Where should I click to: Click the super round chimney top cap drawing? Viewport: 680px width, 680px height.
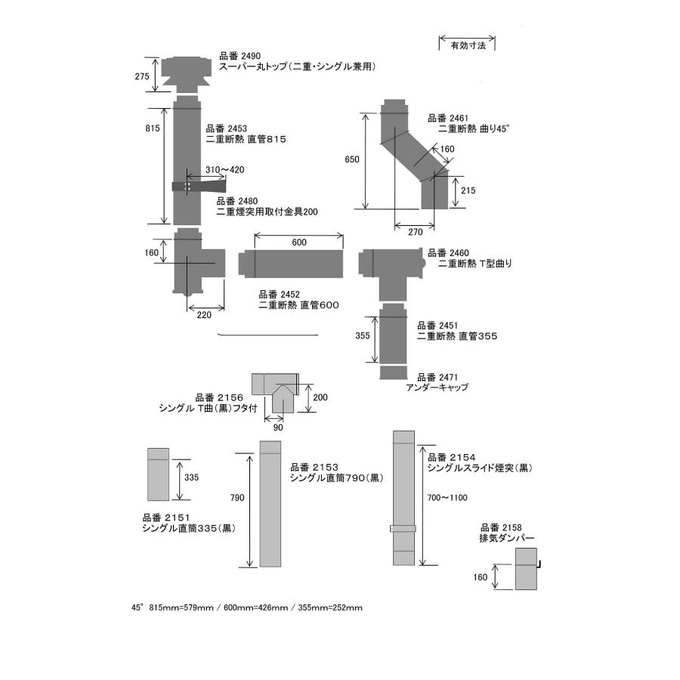coord(187,73)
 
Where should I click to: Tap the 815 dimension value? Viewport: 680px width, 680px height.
coord(152,128)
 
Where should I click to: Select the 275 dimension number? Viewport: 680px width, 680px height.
coord(142,76)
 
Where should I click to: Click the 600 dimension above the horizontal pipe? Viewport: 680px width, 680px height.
coord(298,243)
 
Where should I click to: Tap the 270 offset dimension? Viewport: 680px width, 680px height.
coord(415,233)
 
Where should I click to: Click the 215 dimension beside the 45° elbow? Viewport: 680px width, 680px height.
coord(468,190)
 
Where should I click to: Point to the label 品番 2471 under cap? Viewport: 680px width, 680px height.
coord(437,376)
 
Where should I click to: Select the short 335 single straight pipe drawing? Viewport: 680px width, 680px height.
coord(158,474)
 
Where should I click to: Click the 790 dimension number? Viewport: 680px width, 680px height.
coord(237,498)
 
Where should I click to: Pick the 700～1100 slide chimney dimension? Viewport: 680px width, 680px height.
coord(447,497)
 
